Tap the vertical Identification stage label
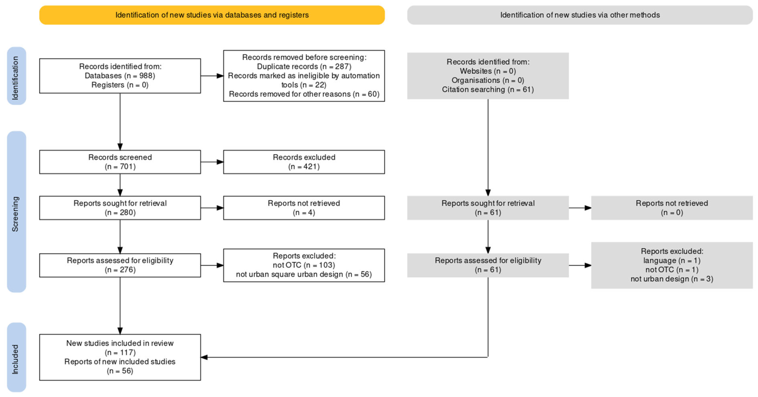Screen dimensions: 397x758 [16, 76]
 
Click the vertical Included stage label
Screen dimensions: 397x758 [16, 357]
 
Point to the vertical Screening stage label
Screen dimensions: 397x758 [16, 212]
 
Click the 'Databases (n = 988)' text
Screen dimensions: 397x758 [120, 76]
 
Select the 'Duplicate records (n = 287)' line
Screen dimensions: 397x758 [304, 66]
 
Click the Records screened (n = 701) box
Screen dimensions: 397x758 [120, 162]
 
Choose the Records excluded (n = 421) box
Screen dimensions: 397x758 [304, 162]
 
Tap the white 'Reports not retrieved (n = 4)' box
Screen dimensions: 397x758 [304, 208]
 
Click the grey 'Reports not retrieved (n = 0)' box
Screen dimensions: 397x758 [672, 208]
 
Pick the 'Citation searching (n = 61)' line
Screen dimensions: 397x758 [488, 89]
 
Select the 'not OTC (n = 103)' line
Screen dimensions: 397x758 [304, 265]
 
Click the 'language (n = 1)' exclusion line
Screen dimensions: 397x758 [672, 260]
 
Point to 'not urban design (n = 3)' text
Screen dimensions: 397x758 [672, 279]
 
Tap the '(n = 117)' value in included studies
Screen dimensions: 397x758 [120, 352]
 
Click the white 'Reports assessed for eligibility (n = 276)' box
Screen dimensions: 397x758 [120, 265]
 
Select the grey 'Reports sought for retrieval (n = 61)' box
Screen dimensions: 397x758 [488, 208]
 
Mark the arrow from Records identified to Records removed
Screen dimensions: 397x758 [212, 76]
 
